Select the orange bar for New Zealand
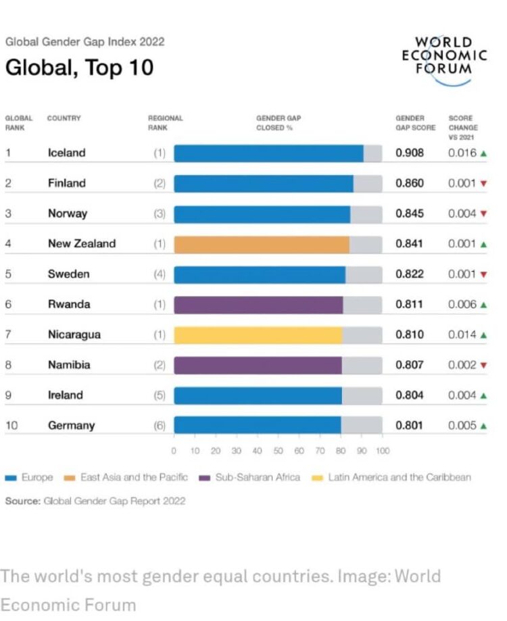[262, 244]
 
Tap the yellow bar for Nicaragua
[258, 335]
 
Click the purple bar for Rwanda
[258, 305]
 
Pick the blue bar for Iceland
[268, 153]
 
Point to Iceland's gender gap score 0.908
[410, 153]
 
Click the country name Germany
[71, 426]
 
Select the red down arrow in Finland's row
[483, 184]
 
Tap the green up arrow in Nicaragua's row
[483, 335]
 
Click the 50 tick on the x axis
[278, 451]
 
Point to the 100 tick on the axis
[383, 451]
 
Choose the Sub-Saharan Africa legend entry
[250, 477]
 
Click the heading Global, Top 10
[79, 68]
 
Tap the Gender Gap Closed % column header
[278, 122]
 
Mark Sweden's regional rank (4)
[159, 274]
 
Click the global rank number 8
[8, 365]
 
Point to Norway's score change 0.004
[462, 214]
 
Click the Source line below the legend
[95, 501]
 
